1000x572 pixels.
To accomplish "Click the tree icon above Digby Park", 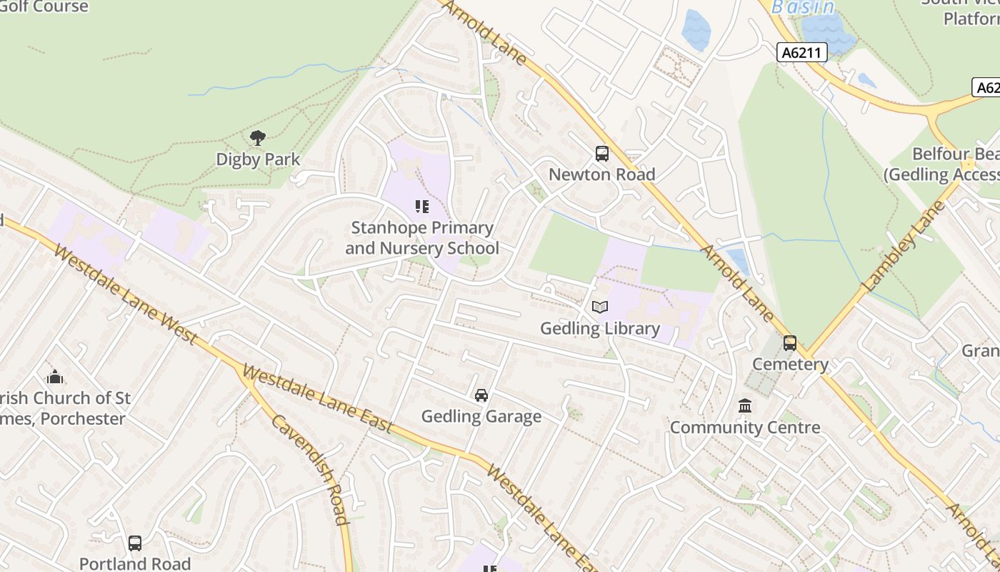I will click(258, 137).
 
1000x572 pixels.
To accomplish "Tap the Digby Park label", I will click(258, 159).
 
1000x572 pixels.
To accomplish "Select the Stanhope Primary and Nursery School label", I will click(422, 238).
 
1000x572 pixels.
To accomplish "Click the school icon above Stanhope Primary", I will click(422, 207).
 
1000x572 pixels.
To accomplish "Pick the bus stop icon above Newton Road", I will click(601, 154).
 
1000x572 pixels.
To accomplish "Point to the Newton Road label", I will click(601, 174).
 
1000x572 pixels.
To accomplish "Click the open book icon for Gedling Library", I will click(600, 307).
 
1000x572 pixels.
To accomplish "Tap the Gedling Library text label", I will click(600, 328).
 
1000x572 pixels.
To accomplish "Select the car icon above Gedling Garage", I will click(481, 395).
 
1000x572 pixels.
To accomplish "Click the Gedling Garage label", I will click(481, 416).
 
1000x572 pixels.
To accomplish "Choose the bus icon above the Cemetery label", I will click(790, 343).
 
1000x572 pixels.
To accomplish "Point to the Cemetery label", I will click(790, 365).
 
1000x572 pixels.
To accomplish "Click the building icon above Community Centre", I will click(745, 406).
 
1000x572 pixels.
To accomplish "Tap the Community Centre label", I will click(745, 428).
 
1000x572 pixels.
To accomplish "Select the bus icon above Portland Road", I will click(135, 543).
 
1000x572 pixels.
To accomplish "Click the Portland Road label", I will click(135, 563).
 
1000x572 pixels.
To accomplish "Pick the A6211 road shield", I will click(802, 52).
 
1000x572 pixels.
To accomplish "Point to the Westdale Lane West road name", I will click(124, 294).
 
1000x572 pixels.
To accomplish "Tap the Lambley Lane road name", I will click(904, 246).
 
